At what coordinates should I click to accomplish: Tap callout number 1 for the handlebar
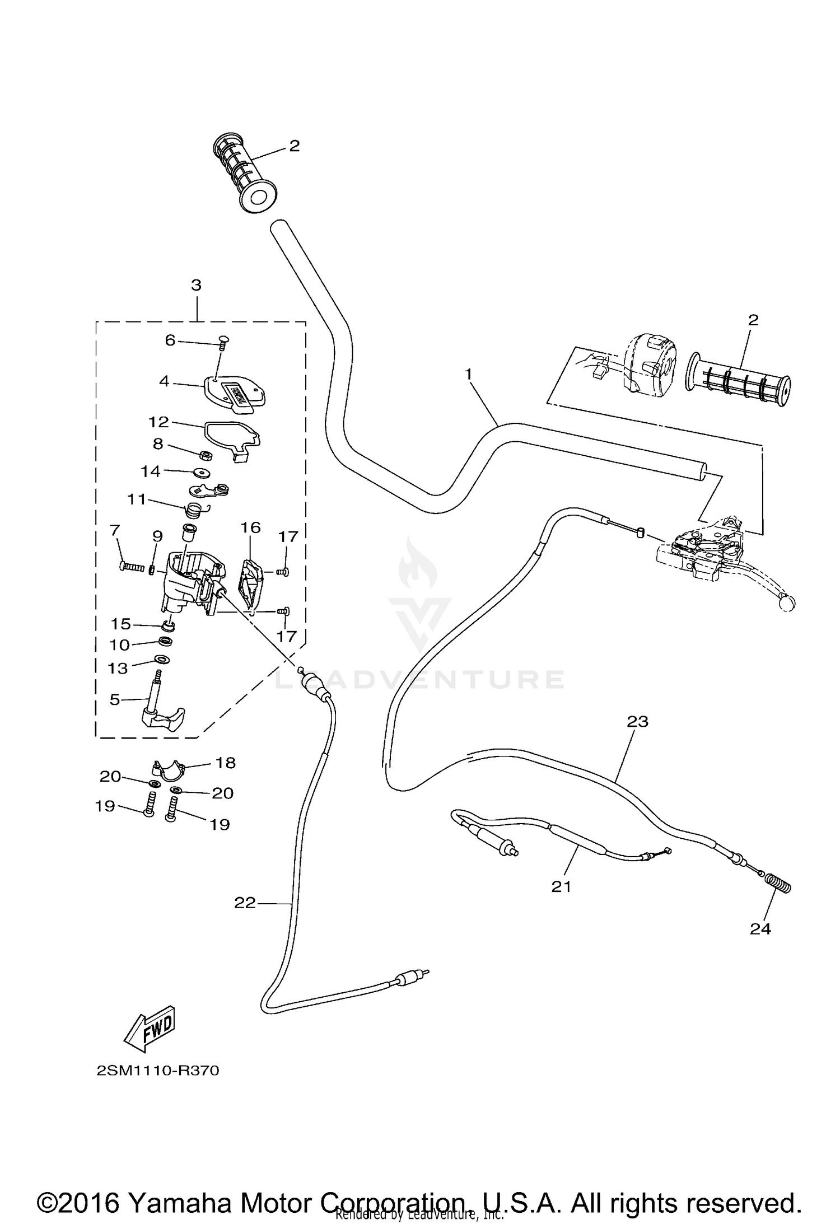469,373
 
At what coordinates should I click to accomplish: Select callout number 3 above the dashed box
196,285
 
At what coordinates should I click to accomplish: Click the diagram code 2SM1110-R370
158,1071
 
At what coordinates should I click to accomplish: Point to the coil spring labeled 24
779,883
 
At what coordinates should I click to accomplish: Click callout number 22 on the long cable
245,902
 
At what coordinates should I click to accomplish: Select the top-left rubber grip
245,174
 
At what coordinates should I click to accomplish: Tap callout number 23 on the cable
637,721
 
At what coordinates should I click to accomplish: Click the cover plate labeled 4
235,394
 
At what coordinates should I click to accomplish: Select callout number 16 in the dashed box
251,527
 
